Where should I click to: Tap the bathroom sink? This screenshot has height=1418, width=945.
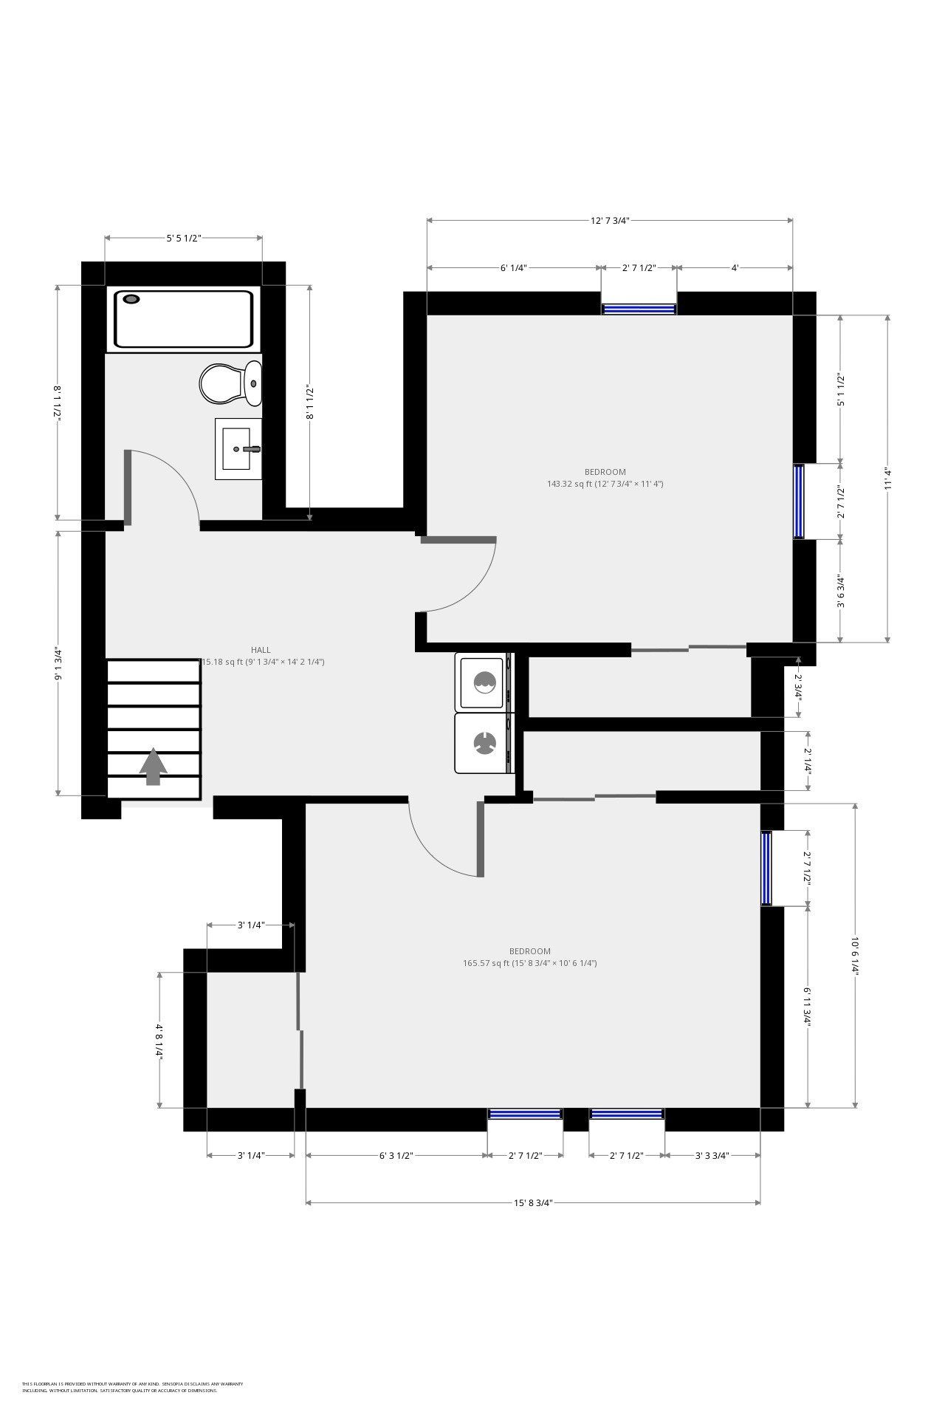(x=238, y=448)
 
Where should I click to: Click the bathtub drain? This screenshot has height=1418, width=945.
(x=132, y=299)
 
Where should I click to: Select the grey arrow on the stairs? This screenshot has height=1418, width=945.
(x=154, y=766)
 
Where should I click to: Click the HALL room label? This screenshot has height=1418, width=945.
(x=261, y=650)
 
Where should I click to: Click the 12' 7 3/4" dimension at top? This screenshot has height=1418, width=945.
(x=609, y=220)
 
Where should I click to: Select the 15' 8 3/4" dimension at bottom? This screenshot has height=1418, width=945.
(x=533, y=1202)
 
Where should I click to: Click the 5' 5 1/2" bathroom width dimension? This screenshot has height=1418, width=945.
(x=183, y=238)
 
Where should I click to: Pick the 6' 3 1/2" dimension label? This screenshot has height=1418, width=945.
(x=396, y=1156)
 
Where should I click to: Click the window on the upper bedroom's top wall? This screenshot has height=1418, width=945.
(x=639, y=309)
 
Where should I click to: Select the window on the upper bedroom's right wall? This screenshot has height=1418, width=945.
(x=799, y=501)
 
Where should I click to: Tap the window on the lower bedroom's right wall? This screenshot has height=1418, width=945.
(x=766, y=868)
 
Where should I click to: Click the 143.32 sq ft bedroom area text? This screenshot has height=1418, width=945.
(x=605, y=484)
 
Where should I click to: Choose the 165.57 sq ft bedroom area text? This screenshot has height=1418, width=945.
(x=529, y=963)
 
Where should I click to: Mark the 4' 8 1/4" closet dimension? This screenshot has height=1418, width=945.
(x=159, y=1040)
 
